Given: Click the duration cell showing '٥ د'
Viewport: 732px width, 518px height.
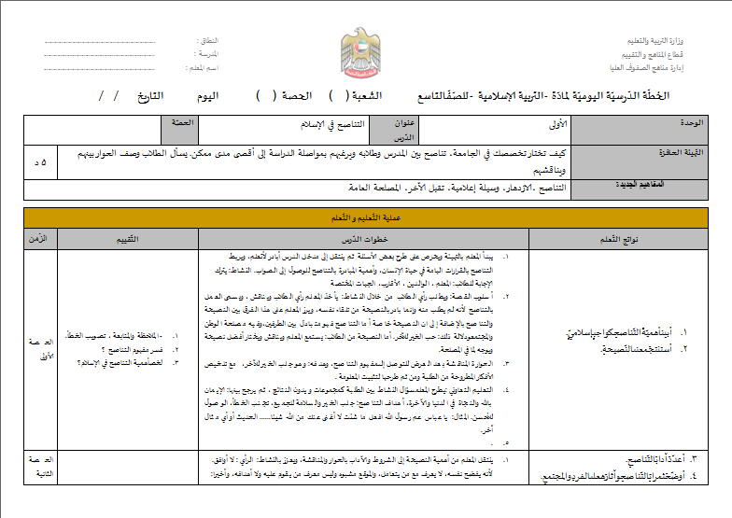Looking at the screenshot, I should pos(39,161).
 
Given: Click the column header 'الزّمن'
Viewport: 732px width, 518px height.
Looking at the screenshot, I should pos(40,238).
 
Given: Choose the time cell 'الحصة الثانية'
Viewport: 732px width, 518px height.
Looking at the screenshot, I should pos(40,466).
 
